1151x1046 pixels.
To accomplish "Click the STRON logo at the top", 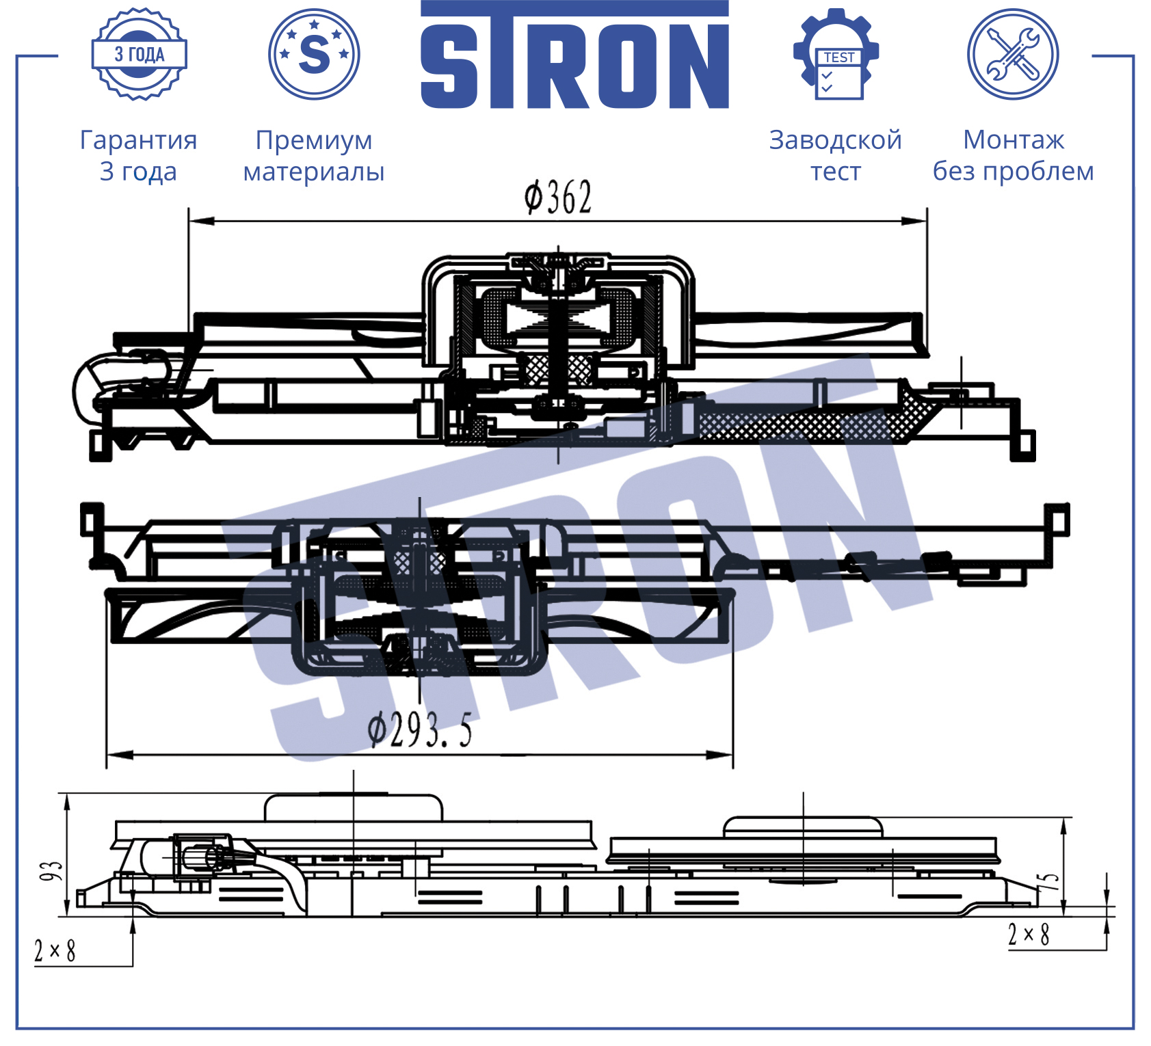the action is click(574, 55).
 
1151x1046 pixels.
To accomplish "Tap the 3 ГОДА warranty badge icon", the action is click(140, 54).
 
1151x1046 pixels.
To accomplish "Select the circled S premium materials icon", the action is click(314, 54).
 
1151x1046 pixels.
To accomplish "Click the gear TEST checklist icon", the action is click(836, 54).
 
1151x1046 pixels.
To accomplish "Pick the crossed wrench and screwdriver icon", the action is click(1013, 54).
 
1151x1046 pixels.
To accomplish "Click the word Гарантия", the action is click(139, 140).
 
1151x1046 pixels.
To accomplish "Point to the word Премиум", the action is click(314, 141).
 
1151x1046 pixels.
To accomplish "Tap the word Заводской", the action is click(836, 140).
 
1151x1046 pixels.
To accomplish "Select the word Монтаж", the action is click(1014, 140).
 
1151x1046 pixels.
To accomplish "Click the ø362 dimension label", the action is click(557, 198).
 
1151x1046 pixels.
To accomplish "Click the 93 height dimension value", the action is click(51, 871).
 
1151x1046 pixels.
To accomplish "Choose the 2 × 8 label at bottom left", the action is click(55, 950).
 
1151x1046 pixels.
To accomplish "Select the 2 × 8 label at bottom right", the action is click(1029, 934).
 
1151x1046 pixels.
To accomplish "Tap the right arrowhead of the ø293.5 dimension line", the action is click(720, 755).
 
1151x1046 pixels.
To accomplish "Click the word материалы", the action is click(314, 172).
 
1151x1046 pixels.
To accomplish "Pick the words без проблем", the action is click(1014, 172).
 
